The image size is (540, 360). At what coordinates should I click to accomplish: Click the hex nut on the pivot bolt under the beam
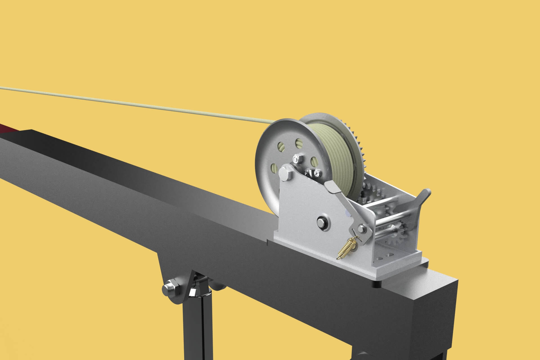tap(169, 288)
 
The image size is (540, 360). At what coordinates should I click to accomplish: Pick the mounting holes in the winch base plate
tap(385, 257)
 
